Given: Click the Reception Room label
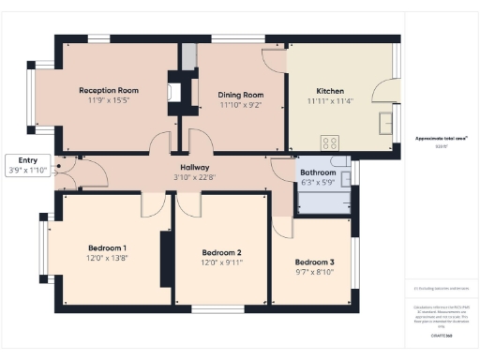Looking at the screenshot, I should click(109, 90).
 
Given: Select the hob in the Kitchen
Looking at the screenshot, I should click(330, 142).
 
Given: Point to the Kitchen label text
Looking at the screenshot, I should click(330, 90).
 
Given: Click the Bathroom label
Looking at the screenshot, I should click(319, 172).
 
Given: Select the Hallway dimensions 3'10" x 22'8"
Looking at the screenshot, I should click(194, 177).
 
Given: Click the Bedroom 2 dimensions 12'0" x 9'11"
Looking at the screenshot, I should click(222, 263).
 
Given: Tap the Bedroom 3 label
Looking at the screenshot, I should click(314, 262).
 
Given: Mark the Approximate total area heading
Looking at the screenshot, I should click(442, 139).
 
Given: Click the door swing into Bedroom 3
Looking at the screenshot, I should click(282, 228).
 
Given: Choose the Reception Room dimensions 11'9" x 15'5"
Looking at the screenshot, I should click(109, 100).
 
